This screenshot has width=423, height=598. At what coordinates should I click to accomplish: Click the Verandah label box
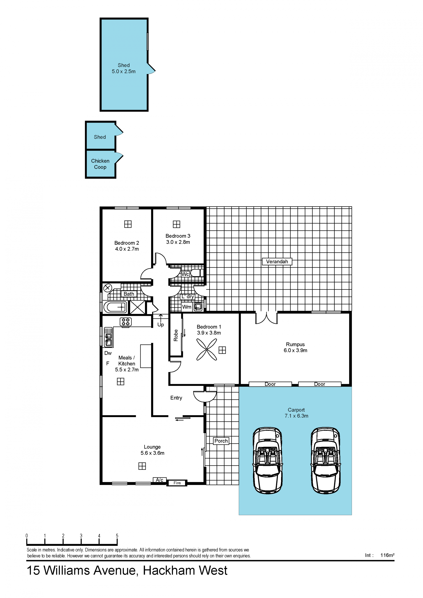click(x=277, y=261)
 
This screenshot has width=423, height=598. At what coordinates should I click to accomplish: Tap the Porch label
click(x=221, y=441)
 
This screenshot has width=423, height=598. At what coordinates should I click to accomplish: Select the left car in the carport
click(x=267, y=461)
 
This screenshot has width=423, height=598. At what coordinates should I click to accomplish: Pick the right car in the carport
click(x=326, y=461)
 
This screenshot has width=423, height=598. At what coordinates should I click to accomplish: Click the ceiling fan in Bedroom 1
click(x=207, y=349)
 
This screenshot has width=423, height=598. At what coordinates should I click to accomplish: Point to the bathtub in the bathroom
click(x=115, y=307)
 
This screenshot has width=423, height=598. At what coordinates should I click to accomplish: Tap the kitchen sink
click(x=108, y=337)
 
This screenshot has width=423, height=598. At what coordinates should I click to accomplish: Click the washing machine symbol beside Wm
click(x=198, y=307)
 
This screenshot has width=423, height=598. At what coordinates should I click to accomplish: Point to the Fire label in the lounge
click(x=177, y=483)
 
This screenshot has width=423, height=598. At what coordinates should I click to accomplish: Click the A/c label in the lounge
click(x=160, y=480)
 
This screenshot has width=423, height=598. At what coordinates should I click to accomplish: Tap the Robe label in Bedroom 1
click(x=176, y=335)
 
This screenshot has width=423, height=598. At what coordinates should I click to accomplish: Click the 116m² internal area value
click(x=387, y=555)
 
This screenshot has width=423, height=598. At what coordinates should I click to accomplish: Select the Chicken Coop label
click(x=100, y=164)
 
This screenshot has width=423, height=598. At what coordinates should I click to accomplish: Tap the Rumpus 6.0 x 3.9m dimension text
click(x=295, y=350)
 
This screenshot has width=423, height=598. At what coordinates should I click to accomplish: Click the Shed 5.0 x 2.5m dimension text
click(x=124, y=71)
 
